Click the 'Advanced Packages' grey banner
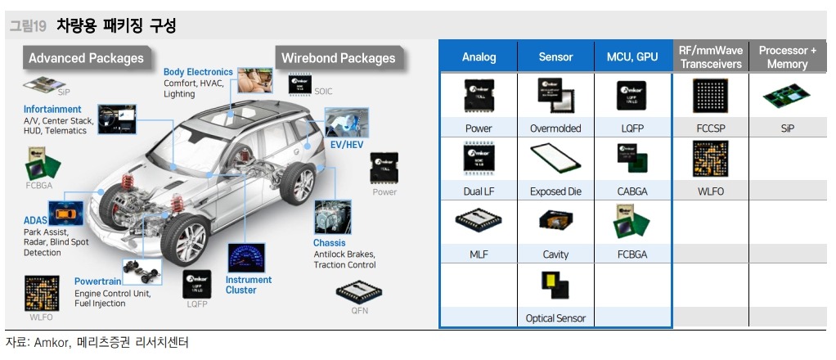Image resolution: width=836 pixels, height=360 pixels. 86,57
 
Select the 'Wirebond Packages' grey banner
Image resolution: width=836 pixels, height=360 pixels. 338,58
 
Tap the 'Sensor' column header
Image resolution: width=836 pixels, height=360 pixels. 555,57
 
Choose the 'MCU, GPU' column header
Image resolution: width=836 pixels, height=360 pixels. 632,57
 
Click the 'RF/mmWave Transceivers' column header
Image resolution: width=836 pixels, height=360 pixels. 711,57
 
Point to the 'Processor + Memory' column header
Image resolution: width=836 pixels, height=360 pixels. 787,57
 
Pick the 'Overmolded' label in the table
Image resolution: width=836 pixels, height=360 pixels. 555,128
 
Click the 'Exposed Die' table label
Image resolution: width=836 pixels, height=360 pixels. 555,191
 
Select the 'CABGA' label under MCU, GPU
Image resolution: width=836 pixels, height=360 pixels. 632,191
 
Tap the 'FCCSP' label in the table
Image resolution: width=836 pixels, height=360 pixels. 709,128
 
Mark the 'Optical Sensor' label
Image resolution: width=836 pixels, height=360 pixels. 555,318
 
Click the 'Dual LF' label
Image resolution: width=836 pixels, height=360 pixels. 479,191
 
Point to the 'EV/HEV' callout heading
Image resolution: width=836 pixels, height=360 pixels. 346,144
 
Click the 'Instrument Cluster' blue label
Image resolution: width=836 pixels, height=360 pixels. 249,285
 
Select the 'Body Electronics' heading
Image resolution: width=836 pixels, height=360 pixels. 198,72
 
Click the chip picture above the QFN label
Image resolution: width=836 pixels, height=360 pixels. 360,290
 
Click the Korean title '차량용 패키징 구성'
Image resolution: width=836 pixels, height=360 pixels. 116,25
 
